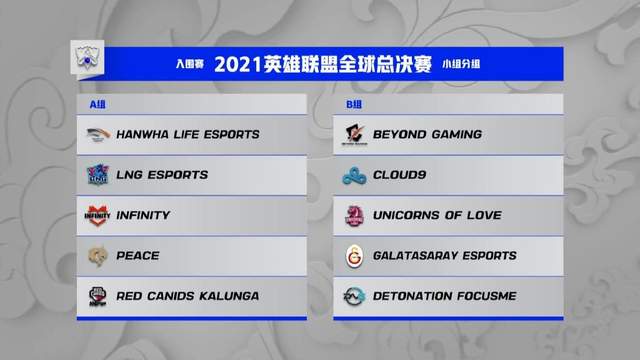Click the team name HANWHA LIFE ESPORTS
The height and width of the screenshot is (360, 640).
[188, 134]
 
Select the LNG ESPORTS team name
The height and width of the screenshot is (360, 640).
[162, 175]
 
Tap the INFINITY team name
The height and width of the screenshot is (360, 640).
[143, 215]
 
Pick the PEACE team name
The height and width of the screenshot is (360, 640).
[137, 255]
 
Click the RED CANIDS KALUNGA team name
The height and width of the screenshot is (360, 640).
[187, 296]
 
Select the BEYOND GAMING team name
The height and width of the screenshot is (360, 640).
[427, 134]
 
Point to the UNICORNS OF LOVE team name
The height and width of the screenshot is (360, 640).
[437, 215]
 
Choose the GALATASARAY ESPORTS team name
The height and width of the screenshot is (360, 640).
[444, 255]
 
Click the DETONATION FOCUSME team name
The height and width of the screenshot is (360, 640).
[444, 296]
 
